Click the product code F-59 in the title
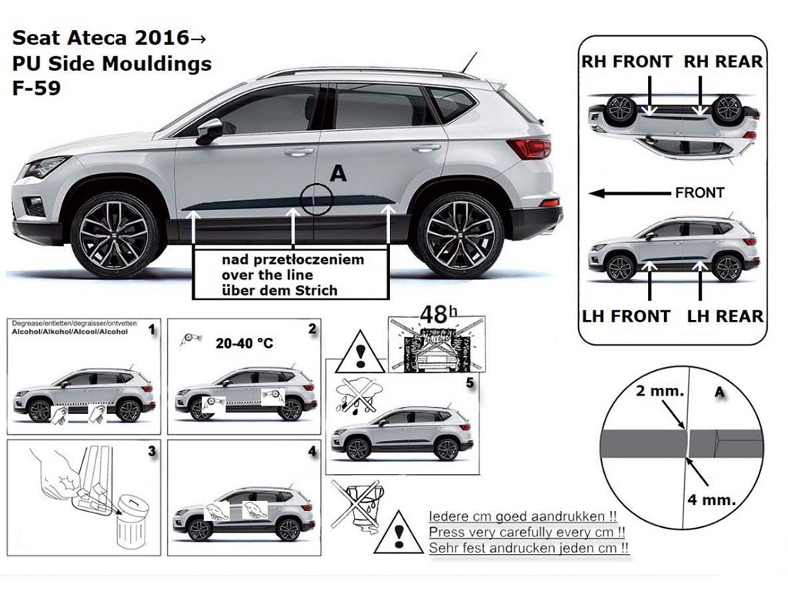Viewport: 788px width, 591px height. point(37,88)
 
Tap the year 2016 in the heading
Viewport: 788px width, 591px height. point(162,38)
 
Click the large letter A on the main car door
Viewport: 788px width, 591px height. point(339,173)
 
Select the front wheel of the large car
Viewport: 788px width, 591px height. point(115,235)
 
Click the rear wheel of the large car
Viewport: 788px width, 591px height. point(460,235)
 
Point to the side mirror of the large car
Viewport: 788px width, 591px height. point(209,131)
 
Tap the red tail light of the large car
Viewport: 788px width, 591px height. point(529,149)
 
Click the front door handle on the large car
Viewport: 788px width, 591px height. point(299,152)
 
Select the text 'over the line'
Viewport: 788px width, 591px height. point(267,275)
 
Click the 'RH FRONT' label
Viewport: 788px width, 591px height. point(626,62)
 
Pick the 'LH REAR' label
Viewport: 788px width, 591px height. point(725,316)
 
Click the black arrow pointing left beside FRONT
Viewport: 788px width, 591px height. point(629,193)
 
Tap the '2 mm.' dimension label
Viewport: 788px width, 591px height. point(659,390)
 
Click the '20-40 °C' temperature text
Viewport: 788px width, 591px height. point(245,343)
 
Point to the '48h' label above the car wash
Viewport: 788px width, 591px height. point(439,315)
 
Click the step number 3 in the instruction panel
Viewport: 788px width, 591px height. point(152,451)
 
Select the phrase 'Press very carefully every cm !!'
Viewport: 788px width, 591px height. point(527,532)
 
